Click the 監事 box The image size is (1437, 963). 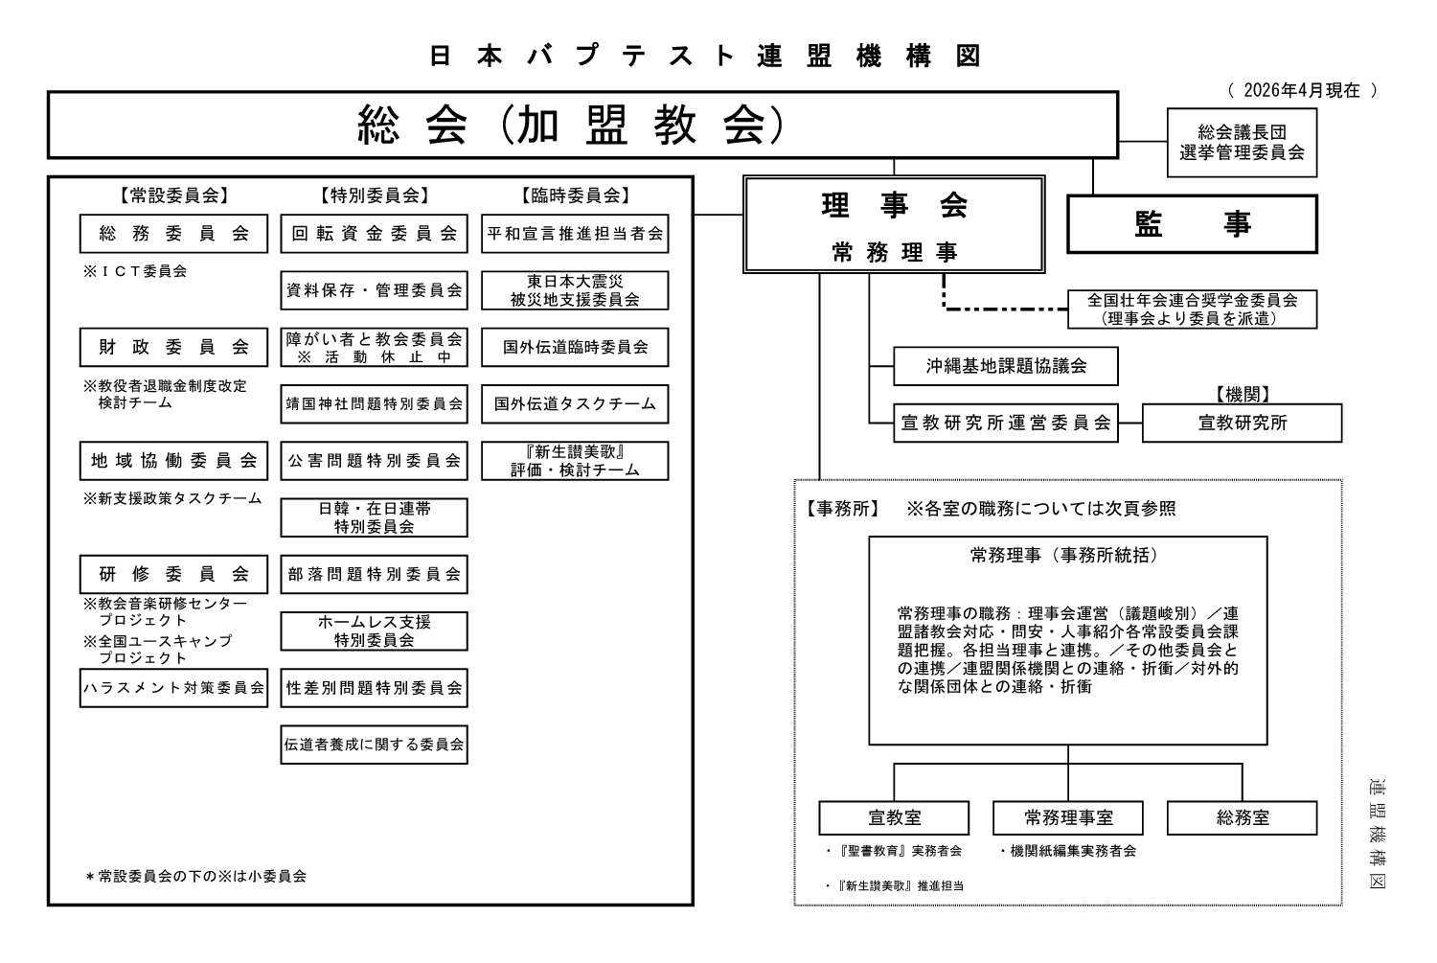(x=1192, y=224)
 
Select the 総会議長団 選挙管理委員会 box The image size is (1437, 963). (x=1242, y=143)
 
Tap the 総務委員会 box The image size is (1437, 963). (x=173, y=233)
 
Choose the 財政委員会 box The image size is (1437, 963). (x=173, y=347)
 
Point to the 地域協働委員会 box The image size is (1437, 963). (x=173, y=461)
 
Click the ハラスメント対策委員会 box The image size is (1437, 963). (x=173, y=688)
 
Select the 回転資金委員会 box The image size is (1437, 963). (x=374, y=233)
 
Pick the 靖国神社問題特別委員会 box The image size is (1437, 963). (x=374, y=404)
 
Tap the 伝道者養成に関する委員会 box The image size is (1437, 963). (x=374, y=745)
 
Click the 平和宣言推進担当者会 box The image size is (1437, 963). (x=575, y=233)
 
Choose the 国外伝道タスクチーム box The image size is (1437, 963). (x=575, y=404)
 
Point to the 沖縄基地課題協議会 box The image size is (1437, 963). (x=1006, y=366)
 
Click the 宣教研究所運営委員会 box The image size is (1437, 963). (x=1006, y=423)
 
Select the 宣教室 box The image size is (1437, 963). (x=894, y=818)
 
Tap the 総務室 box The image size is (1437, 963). (x=1243, y=818)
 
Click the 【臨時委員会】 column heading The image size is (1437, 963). (x=575, y=195)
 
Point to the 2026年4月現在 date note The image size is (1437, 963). (x=1301, y=91)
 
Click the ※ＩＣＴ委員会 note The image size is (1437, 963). (x=135, y=271)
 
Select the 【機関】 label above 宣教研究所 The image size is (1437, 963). (x=1242, y=395)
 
